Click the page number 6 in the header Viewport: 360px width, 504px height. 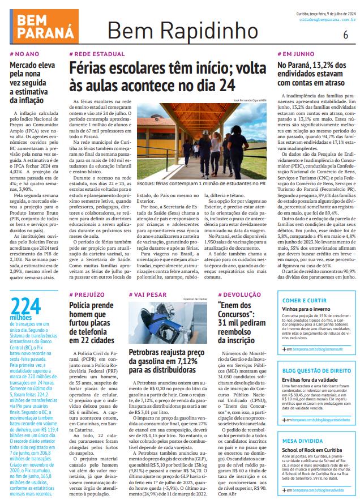point(345,33)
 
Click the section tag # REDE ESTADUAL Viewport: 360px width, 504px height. point(96,54)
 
